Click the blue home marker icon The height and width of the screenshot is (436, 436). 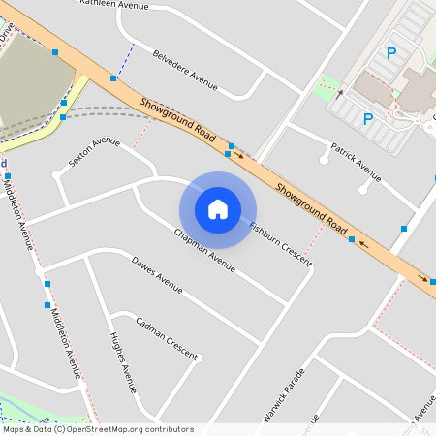point(218,208)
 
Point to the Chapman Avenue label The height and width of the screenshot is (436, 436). point(204,249)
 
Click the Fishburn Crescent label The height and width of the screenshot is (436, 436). point(280,243)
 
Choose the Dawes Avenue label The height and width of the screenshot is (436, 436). point(157,274)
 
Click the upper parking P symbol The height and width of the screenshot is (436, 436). point(391,54)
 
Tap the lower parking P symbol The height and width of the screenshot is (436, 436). point(367,120)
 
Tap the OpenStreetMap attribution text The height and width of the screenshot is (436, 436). point(97,429)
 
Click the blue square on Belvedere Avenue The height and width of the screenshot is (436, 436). point(113,77)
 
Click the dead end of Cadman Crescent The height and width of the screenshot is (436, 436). point(198,358)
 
